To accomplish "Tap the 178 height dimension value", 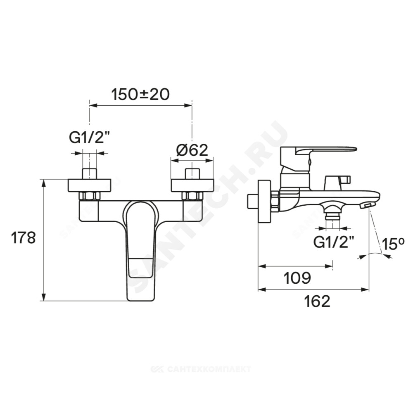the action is pos(23,238).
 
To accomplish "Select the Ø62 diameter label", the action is pos(192,150).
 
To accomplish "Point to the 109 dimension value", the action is pos(297,278).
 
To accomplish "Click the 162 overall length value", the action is pos(317,301).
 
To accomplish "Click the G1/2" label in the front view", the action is pos(89,137).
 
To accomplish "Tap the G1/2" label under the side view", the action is pos(333,242).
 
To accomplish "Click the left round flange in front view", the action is pos(89,185).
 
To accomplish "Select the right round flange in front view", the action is pos(192,185).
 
